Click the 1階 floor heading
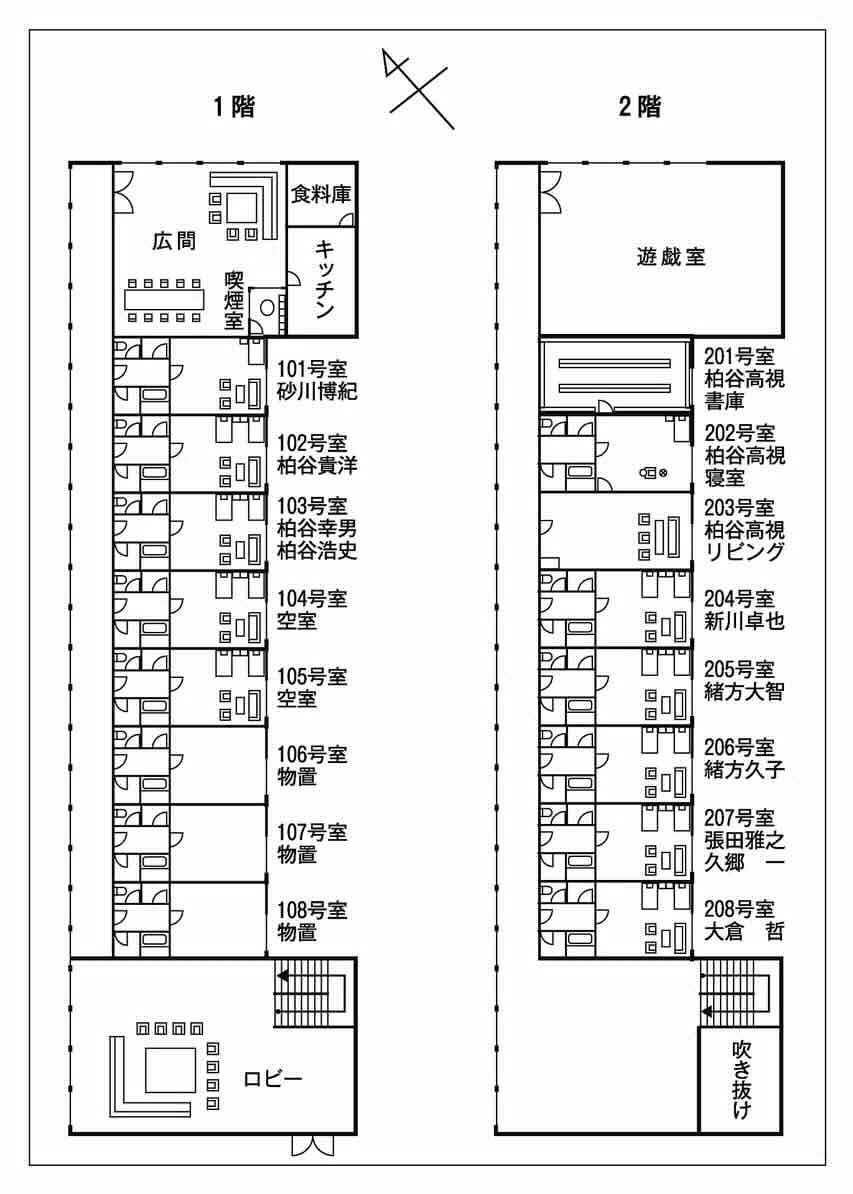coord(234,107)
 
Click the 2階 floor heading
coord(640,107)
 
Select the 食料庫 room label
coord(320,194)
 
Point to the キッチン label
coord(324,279)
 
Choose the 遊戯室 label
coord(671,256)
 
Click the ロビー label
coord(272,1078)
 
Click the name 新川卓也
coord(745,621)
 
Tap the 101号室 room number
coord(311,367)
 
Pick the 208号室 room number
coord(740,909)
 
